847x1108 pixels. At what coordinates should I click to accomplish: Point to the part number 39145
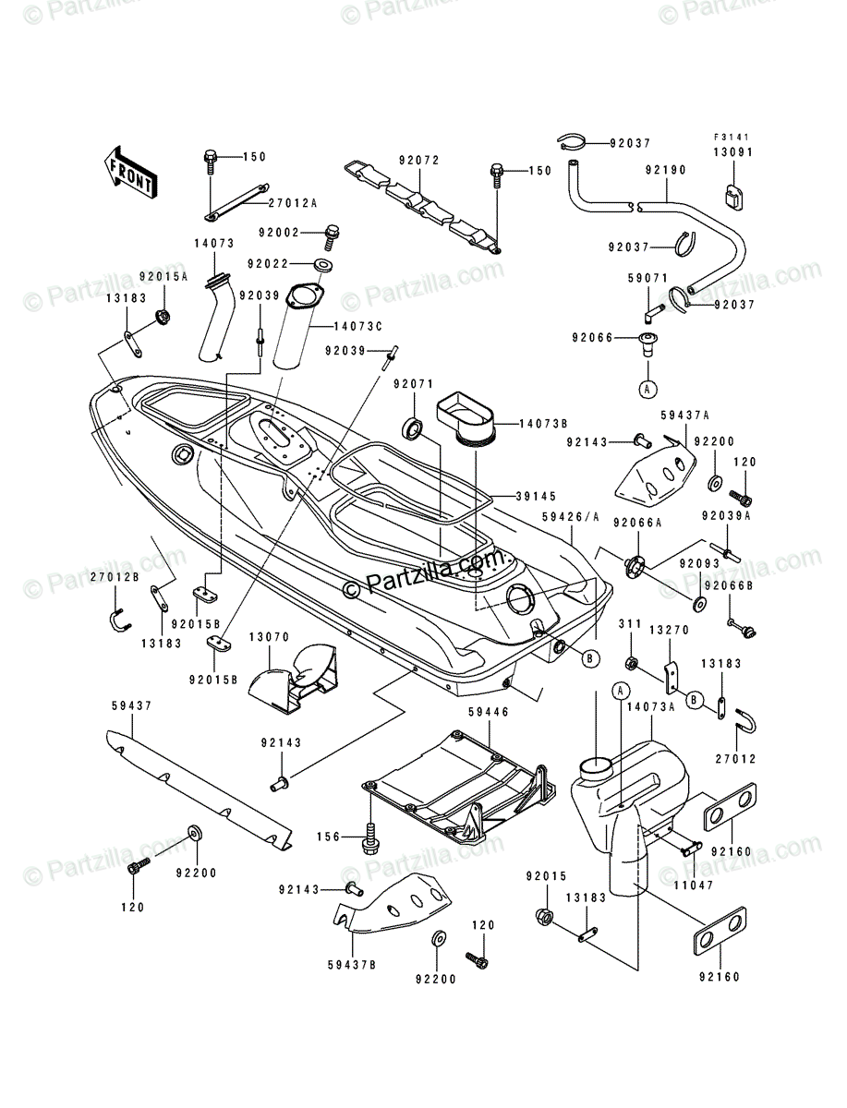click(523, 495)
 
